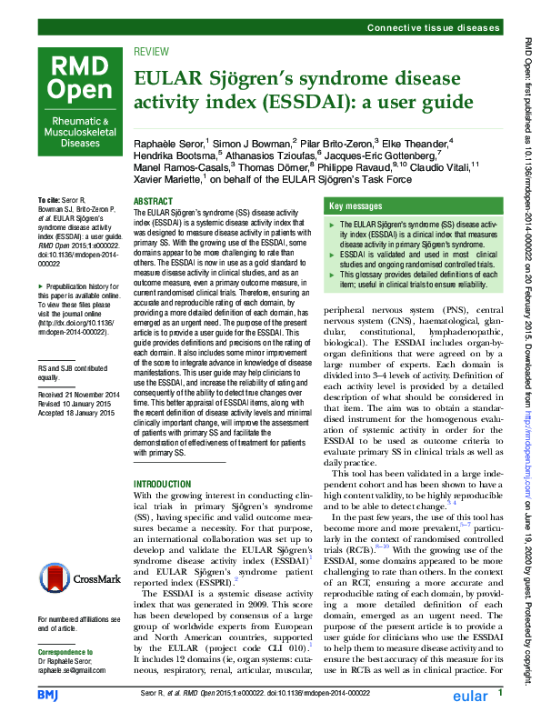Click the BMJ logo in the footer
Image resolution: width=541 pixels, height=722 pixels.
point(47,696)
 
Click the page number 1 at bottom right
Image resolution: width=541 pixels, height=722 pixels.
point(500,695)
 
